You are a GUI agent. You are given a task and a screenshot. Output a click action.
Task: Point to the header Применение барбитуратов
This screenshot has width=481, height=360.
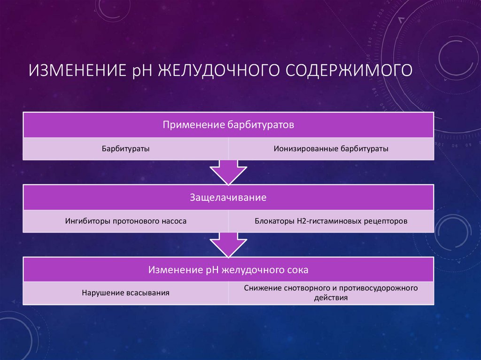228,125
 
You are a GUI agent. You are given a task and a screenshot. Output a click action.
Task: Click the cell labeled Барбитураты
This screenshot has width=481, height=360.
126,149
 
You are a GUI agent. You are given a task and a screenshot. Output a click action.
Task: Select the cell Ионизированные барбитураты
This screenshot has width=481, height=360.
331,149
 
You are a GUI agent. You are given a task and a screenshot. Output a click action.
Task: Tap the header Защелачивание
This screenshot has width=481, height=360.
228,198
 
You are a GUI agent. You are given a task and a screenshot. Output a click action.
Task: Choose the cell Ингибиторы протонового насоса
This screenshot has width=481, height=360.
126,221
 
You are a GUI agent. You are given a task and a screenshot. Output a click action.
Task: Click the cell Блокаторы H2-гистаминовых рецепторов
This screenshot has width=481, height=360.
331,221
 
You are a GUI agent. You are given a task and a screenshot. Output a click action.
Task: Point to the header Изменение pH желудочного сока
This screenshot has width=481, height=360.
228,270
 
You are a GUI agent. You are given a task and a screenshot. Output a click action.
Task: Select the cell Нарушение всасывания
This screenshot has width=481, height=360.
126,292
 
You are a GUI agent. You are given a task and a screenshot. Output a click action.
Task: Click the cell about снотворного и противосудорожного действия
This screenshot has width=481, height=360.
331,292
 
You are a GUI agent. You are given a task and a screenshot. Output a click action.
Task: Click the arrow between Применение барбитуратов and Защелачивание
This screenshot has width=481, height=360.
228,172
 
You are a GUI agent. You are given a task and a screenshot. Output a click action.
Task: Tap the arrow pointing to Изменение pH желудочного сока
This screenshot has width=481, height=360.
228,244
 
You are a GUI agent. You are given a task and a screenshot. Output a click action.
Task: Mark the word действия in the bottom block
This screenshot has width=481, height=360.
331,298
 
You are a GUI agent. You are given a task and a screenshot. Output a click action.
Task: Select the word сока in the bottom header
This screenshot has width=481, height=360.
299,270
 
